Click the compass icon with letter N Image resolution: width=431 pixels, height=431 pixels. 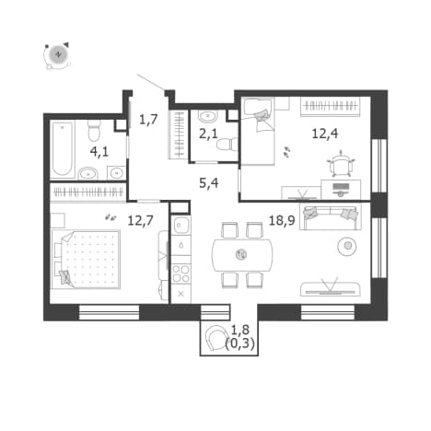57,55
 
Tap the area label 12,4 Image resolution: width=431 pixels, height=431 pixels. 325,134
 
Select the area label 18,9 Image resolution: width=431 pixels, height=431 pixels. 282,220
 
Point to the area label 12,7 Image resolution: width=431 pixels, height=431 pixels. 140,220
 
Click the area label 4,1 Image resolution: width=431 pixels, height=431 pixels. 99,152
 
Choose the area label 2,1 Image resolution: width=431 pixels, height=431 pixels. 208,134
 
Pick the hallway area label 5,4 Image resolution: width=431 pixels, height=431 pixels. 209,183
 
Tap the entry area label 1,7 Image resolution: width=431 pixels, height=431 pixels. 148,119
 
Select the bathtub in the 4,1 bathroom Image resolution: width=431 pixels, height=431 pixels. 63,149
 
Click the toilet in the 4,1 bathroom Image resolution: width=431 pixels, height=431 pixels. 94,130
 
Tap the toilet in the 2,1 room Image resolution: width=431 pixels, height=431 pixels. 227,145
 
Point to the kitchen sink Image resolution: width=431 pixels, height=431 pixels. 181,226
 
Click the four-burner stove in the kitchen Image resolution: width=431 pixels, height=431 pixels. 181,274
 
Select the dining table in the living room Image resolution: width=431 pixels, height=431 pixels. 242,254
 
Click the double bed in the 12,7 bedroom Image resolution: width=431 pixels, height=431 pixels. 86,260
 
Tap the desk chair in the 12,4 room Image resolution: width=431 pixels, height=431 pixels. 341,163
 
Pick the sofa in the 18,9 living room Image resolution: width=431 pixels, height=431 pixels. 330,217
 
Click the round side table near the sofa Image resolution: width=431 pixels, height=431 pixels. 347,246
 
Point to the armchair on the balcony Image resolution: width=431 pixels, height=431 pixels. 215,337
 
